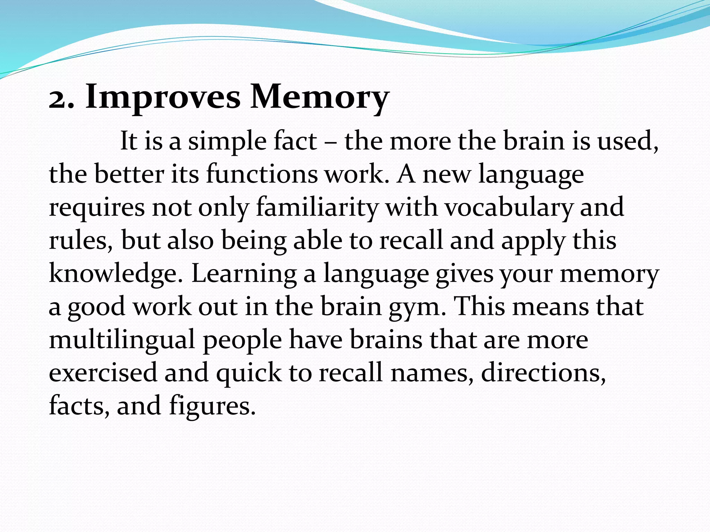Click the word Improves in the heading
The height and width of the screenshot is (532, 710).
pos(163,98)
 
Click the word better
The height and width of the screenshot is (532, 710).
pos(129,174)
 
